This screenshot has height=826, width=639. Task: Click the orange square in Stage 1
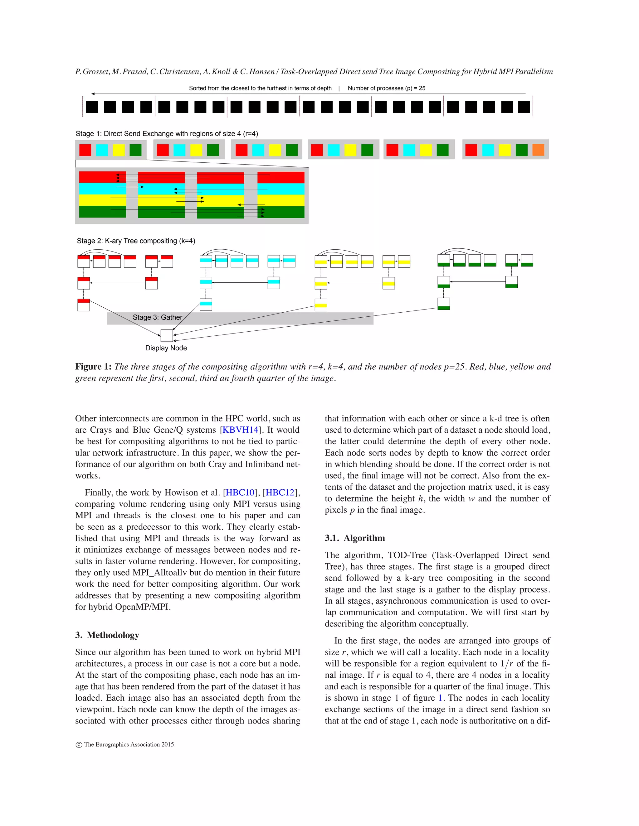(x=538, y=150)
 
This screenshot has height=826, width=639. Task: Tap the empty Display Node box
(x=167, y=335)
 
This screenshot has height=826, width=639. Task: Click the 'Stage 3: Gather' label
(x=158, y=317)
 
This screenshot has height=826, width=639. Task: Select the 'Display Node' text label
(x=166, y=348)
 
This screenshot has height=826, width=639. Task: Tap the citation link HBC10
(x=240, y=492)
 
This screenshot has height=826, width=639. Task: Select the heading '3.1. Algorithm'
(x=355, y=538)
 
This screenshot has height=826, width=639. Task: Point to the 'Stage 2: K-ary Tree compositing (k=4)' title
(x=136, y=241)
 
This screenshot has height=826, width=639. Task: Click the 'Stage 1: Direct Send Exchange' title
(x=167, y=133)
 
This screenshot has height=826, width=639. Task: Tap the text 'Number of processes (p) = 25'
(x=387, y=88)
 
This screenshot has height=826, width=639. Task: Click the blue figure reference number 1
(x=440, y=698)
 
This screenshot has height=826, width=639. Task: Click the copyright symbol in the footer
(x=79, y=745)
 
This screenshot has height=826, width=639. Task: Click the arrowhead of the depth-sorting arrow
(x=93, y=94)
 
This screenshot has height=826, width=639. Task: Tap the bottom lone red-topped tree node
(x=83, y=305)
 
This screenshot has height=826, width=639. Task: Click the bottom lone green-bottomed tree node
(x=444, y=304)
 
